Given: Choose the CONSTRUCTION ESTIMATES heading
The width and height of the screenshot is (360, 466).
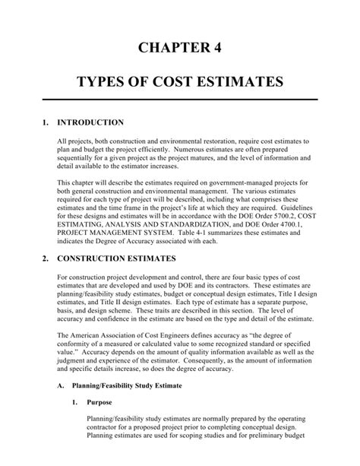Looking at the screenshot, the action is coord(117,258).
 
